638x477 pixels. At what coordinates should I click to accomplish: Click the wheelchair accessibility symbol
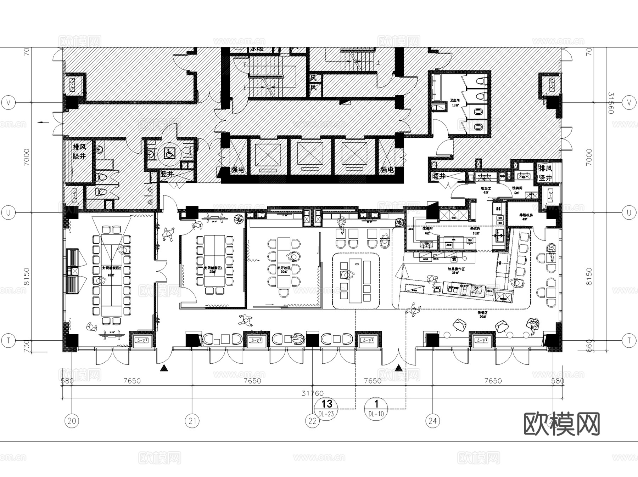tap(169, 154)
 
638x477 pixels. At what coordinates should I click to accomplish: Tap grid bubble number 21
tap(192, 421)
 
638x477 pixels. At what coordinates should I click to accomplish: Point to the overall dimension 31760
tap(312, 393)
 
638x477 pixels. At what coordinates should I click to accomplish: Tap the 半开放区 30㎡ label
tap(284, 270)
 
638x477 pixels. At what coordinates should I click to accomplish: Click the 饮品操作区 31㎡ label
tap(456, 271)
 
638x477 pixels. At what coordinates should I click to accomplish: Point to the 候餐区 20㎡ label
tap(483, 315)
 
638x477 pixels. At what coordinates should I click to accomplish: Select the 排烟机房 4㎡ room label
tap(526, 217)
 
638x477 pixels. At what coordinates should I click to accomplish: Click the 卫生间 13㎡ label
tap(454, 103)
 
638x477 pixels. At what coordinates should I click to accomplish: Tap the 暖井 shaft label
tap(438, 176)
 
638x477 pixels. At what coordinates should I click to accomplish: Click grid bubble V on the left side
tap(9, 103)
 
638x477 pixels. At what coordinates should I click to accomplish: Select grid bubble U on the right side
tap(629, 212)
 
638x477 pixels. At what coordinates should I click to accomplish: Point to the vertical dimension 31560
tap(610, 103)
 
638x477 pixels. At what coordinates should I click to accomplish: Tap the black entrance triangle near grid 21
tap(164, 368)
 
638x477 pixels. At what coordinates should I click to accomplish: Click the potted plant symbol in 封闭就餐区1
tap(239, 219)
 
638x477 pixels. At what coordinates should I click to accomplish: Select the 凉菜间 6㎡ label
tap(427, 231)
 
